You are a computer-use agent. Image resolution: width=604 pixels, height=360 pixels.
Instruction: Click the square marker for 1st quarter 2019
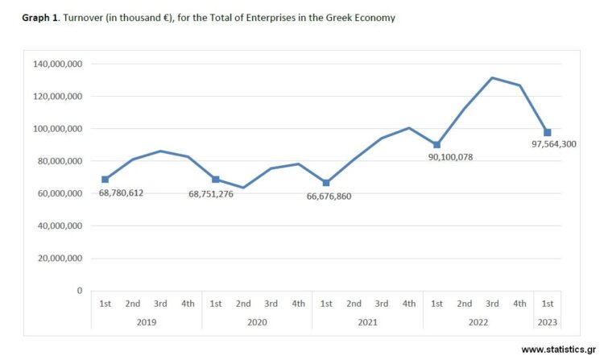tap(105, 180)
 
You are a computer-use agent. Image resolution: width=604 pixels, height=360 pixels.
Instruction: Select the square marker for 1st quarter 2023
tap(547, 132)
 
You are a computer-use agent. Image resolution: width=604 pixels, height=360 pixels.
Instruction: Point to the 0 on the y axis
tap(80, 291)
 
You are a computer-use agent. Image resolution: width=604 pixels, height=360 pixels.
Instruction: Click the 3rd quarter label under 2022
tap(491, 304)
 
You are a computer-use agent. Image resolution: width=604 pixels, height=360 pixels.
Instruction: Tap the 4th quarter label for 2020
tap(298, 304)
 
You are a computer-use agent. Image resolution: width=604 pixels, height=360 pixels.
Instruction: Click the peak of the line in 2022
tap(491, 78)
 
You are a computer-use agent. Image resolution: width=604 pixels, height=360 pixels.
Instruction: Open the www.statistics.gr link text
tap(559, 350)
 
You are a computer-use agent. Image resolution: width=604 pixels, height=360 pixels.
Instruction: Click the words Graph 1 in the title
tap(40, 18)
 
